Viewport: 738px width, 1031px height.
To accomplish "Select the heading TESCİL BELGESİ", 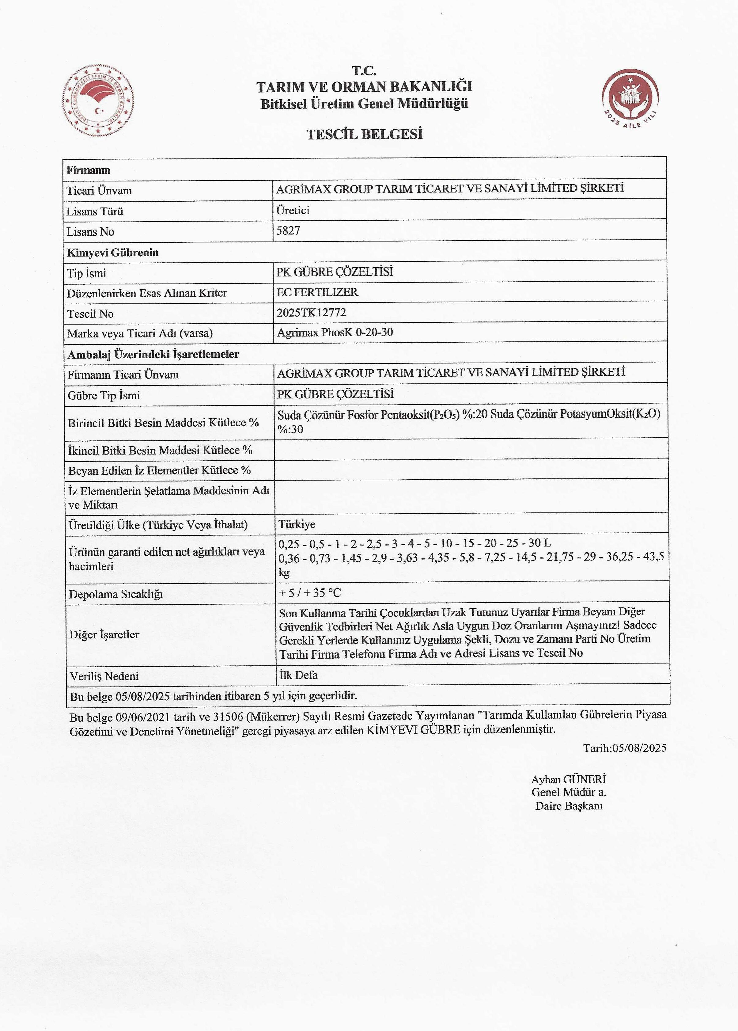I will (x=365, y=135).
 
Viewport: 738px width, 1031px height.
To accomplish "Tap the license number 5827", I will (x=288, y=230).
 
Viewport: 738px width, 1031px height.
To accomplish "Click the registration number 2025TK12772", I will (x=311, y=313).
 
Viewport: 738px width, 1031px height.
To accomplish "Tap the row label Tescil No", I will (x=90, y=314).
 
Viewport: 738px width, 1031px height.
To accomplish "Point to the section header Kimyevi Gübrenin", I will (x=113, y=253).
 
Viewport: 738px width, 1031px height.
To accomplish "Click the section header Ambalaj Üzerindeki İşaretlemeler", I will (x=153, y=354).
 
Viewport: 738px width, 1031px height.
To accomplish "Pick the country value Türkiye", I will (x=297, y=524).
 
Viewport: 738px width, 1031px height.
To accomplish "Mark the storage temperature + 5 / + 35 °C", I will (x=310, y=593).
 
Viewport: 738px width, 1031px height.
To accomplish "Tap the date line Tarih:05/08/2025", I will (x=625, y=748).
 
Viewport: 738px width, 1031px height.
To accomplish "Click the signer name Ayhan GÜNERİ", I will (x=569, y=779).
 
